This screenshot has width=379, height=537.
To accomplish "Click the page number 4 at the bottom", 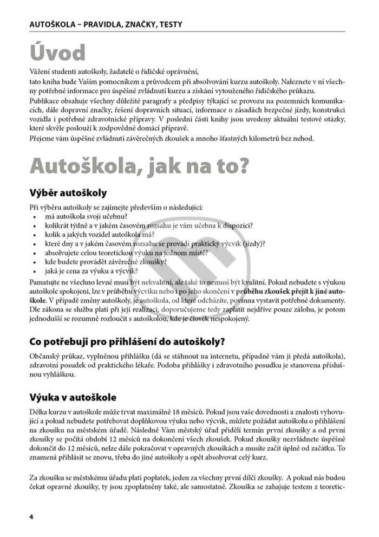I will pyautogui.click(x=31, y=516).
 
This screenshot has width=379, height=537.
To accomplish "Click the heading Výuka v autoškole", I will pyautogui.click(x=73, y=397).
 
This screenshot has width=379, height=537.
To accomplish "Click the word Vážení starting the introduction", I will pyautogui.click(x=41, y=72).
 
